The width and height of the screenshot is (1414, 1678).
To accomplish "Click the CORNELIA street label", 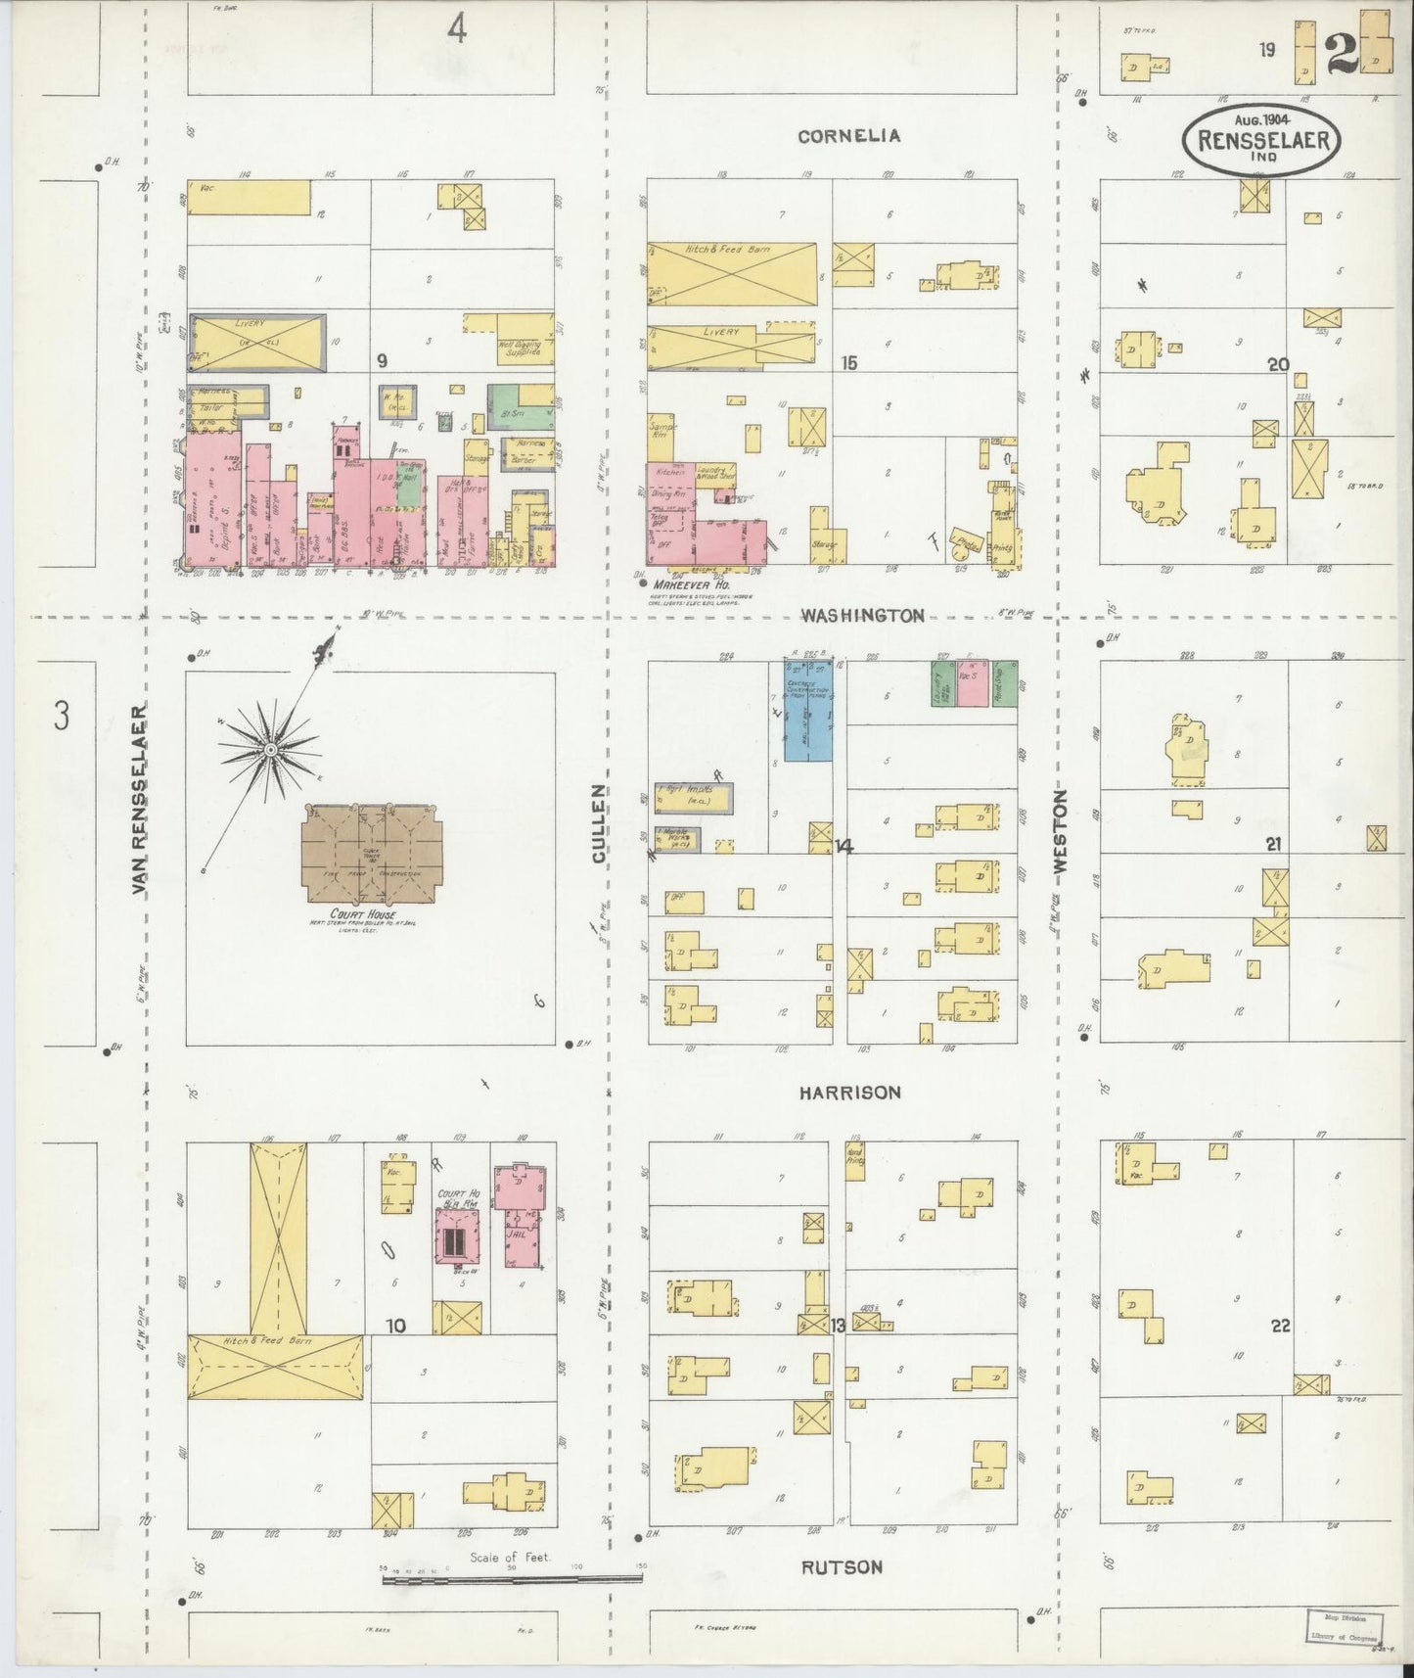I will tap(848, 136).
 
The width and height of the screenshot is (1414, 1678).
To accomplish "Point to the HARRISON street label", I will tap(848, 1093).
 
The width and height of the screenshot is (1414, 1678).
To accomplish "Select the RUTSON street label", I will tap(842, 1566).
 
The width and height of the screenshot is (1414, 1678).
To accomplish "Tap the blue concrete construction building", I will tap(808, 710).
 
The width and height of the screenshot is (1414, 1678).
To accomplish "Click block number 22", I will tap(1281, 1326).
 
